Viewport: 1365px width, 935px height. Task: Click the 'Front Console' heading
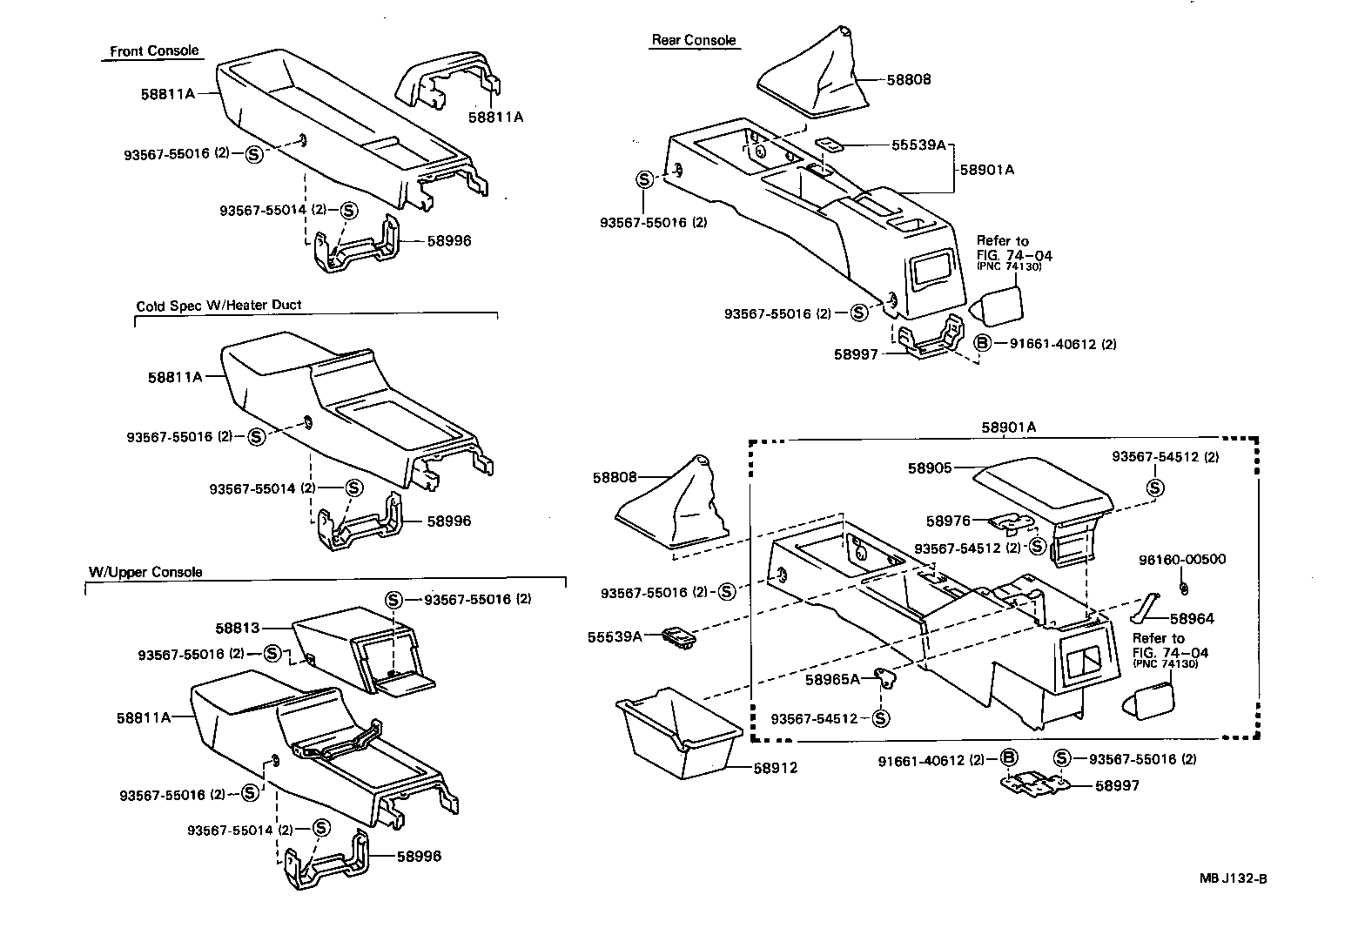click(x=154, y=51)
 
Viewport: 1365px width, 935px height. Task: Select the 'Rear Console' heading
click(x=694, y=40)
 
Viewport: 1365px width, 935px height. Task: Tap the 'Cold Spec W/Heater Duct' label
click(x=219, y=306)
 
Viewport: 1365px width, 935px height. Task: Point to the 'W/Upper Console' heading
click(x=145, y=572)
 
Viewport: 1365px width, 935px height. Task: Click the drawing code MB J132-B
click(x=1233, y=878)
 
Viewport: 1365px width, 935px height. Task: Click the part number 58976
click(x=948, y=521)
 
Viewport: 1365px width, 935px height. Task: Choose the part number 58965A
click(x=832, y=679)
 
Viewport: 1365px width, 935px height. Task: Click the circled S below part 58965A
click(x=880, y=718)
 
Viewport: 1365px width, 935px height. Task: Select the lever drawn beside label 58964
click(x=1143, y=609)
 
